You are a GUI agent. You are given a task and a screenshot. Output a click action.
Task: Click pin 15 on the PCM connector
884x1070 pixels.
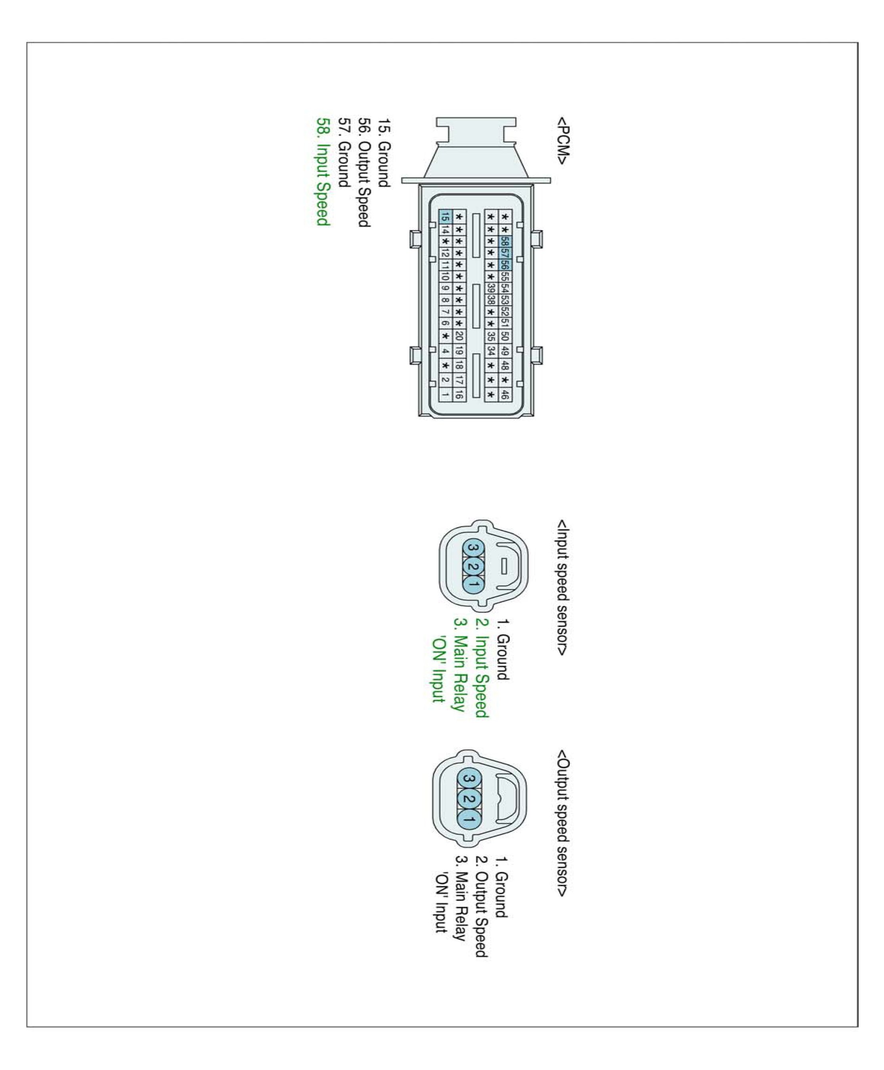click(445, 217)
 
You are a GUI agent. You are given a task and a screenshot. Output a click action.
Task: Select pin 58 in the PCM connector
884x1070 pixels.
click(505, 241)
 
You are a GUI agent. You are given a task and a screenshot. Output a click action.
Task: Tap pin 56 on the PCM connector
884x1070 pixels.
click(505, 265)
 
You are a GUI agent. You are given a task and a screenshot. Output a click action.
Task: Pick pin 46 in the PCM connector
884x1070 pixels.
click(505, 394)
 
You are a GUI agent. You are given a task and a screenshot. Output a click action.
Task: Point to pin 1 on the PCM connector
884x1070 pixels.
click(445, 394)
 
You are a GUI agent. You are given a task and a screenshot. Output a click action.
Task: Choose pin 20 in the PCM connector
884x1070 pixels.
click(459, 336)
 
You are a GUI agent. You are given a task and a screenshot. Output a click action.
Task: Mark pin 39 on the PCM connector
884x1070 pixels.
click(491, 288)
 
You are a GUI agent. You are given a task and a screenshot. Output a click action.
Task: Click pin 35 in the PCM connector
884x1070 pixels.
click(491, 336)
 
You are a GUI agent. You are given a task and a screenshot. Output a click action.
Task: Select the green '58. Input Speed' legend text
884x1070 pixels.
click(323, 172)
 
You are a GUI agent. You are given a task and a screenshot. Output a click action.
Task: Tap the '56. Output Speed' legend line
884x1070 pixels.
click(364, 172)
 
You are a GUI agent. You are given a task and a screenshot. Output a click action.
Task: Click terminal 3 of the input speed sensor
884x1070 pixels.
click(473, 547)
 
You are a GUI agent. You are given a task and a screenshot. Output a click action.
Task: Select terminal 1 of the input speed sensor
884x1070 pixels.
click(473, 584)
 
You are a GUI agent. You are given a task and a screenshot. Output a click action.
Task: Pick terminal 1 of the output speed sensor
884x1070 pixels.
click(469, 819)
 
